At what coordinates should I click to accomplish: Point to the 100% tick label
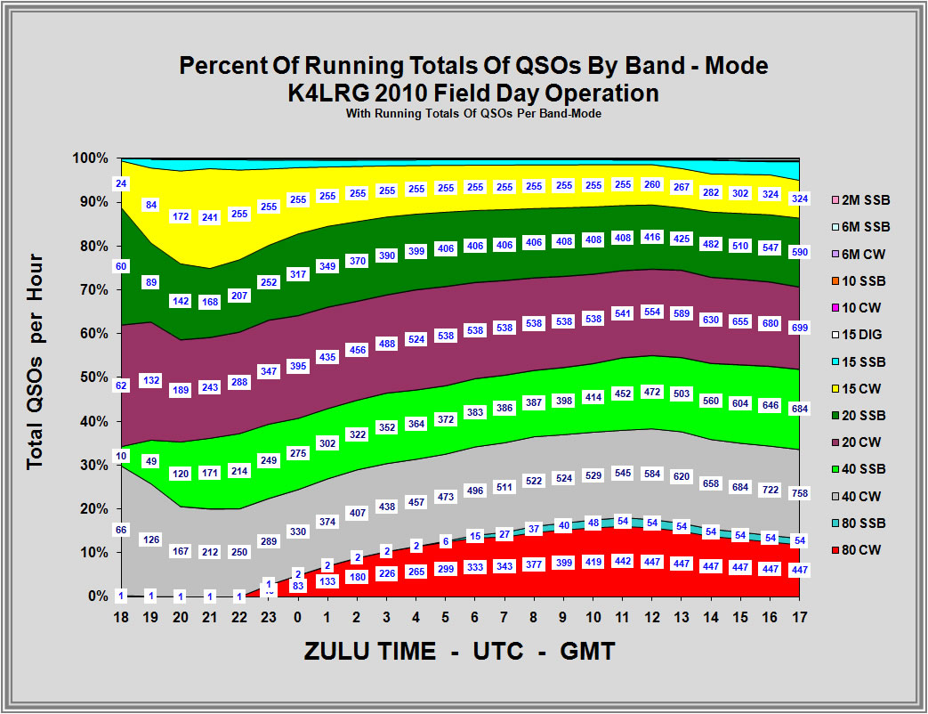[114, 158]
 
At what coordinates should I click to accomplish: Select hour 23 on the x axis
[268, 616]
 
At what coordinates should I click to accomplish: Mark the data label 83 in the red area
[298, 586]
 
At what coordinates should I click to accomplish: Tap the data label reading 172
[181, 216]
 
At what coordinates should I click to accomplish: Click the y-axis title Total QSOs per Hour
[36, 363]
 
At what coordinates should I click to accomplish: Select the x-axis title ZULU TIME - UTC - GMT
[459, 651]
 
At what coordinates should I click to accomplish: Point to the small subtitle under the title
[472, 113]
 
